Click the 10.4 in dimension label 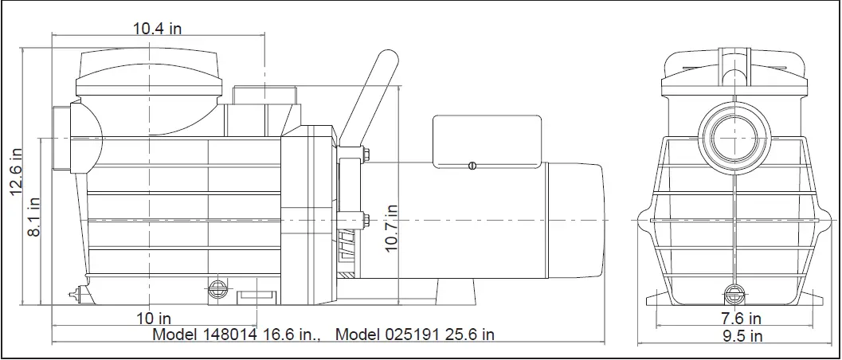158,29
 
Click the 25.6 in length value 472,335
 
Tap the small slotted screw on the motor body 472,166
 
